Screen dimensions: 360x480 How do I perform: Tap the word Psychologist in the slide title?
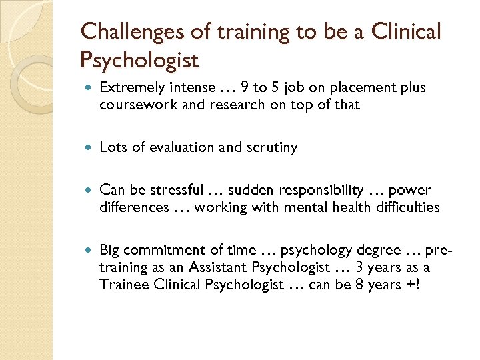pos(139,61)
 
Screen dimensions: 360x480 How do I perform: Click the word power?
pos(411,191)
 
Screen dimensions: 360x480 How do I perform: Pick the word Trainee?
pos(121,284)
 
